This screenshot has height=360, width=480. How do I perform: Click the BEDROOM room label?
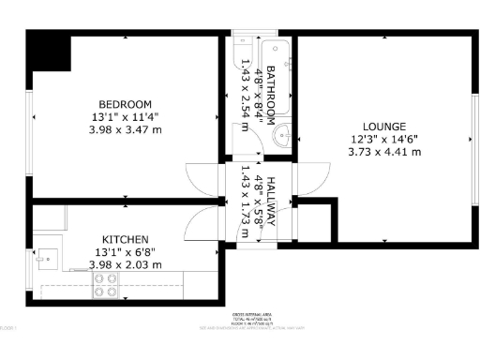(125, 103)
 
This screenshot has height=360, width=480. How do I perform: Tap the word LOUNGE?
(384, 127)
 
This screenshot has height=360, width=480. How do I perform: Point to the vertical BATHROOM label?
(269, 94)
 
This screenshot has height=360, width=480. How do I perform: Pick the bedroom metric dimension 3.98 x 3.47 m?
(125, 130)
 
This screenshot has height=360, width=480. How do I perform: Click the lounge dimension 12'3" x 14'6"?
(384, 139)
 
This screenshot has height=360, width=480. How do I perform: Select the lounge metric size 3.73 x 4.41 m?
(384, 152)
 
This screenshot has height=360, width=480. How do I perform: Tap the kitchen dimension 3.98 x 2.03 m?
(125, 265)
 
